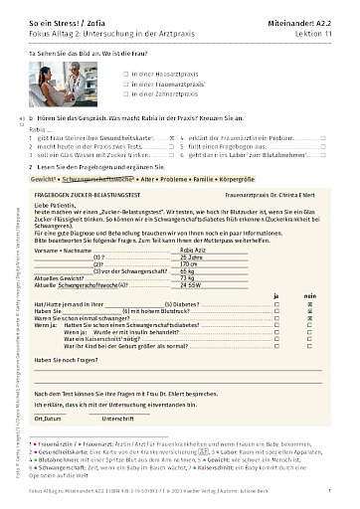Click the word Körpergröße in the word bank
[x=269, y=184]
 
